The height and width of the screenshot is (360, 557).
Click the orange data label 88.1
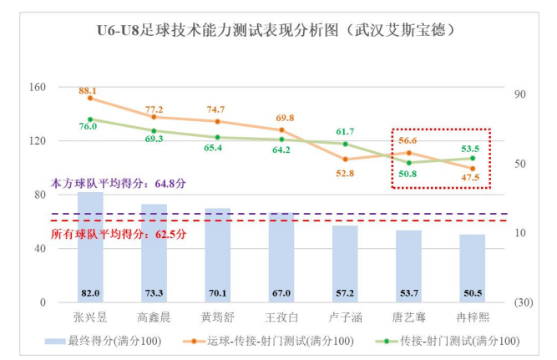pos(88,90)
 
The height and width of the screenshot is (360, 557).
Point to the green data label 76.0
pos(88,127)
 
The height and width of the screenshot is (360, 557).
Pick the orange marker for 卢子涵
pos(345,159)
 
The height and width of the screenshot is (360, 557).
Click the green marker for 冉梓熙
pos(472,158)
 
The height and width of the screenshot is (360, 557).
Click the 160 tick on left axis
pos(37,87)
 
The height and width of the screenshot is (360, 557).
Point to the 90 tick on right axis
pos(519,94)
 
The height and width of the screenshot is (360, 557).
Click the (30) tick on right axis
pos(523,302)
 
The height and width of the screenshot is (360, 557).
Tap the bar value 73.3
pos(154,293)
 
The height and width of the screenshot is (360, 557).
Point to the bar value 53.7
pos(408,293)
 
